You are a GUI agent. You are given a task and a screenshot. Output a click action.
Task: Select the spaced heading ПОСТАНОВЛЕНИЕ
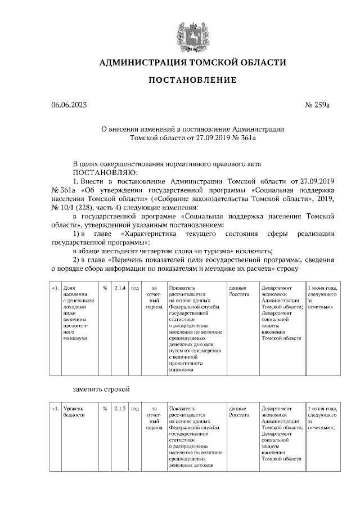pyautogui.click(x=192, y=80)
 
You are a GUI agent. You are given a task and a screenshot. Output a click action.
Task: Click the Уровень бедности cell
pyautogui.click(x=74, y=411)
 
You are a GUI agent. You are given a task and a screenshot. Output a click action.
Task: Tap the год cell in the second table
pyautogui.click(x=134, y=409)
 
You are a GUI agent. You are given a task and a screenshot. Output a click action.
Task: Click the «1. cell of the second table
pyautogui.click(x=55, y=409)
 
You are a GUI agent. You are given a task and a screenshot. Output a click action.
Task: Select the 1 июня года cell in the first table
pyautogui.click(x=322, y=297)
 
